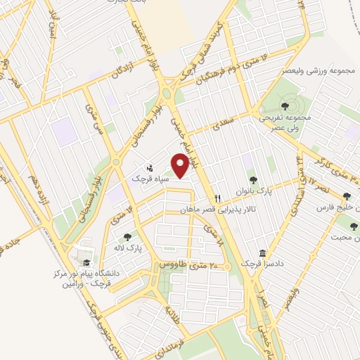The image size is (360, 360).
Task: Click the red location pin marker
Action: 181,165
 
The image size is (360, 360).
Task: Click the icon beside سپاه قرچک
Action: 150,169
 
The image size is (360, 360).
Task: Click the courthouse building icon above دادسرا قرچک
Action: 262,252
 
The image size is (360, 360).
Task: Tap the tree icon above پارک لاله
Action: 127,237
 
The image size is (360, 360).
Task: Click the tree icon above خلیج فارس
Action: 345,196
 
